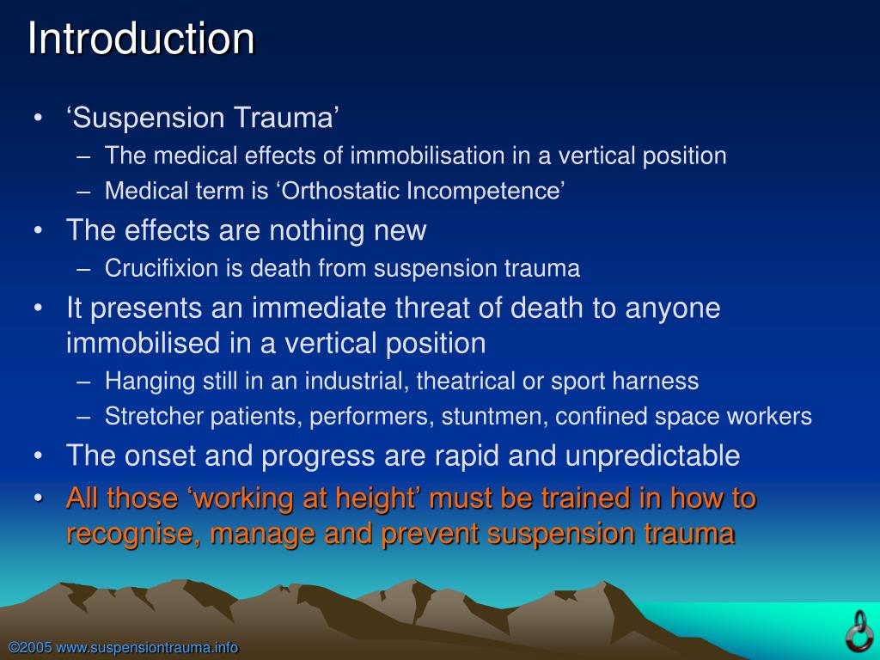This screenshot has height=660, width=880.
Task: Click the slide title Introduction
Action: click(141, 40)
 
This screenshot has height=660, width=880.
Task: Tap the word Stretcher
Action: click(142, 417)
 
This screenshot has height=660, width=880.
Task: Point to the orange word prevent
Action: click(431, 535)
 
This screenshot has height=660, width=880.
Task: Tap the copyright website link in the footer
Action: click(123, 647)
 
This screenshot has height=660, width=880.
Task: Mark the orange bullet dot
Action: click(38, 498)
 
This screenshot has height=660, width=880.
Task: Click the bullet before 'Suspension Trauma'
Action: click(38, 118)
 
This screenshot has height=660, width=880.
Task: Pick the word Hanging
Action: click(141, 381)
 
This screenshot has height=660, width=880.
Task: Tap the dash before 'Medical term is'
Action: click(83, 191)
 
